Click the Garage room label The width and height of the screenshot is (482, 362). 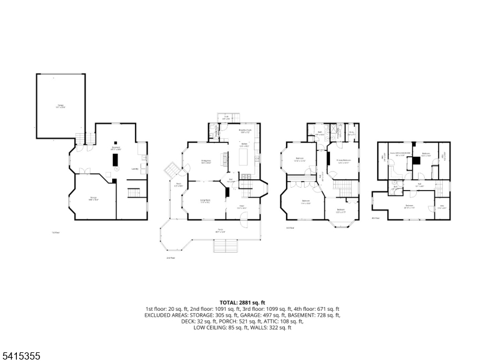[x=61, y=106]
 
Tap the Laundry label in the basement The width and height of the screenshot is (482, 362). [x=135, y=169]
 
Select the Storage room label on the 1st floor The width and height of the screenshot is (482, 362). [x=94, y=198]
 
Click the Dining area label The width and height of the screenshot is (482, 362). [x=205, y=162]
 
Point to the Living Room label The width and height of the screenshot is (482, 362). [x=205, y=200]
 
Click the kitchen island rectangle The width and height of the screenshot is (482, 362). [x=245, y=158]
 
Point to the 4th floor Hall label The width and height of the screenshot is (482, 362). [x=419, y=185]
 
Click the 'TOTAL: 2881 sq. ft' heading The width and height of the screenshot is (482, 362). [x=241, y=302]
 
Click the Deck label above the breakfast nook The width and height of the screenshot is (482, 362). [x=226, y=118]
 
